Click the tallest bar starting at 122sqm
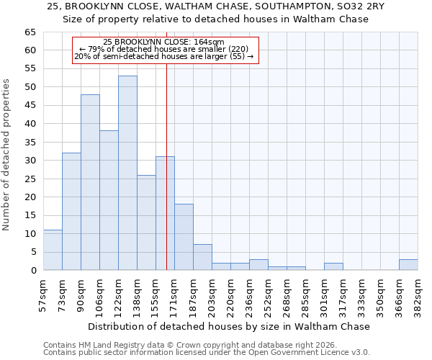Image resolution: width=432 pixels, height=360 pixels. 127,173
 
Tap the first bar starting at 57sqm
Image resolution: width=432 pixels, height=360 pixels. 53,250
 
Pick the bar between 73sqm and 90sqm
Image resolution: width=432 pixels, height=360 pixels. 71,212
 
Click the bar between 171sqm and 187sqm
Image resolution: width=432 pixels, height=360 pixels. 184,237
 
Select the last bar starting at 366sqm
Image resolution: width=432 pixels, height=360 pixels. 408,264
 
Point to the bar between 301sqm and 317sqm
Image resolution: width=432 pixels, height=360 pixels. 333,266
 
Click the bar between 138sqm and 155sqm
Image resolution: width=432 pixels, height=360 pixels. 146,222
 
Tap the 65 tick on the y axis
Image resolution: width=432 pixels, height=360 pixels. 30,32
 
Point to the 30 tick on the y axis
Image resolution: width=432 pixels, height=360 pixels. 30,161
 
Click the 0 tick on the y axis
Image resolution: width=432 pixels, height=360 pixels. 32,271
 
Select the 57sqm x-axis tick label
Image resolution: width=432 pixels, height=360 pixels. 44,292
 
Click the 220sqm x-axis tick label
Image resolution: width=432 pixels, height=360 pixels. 231,292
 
